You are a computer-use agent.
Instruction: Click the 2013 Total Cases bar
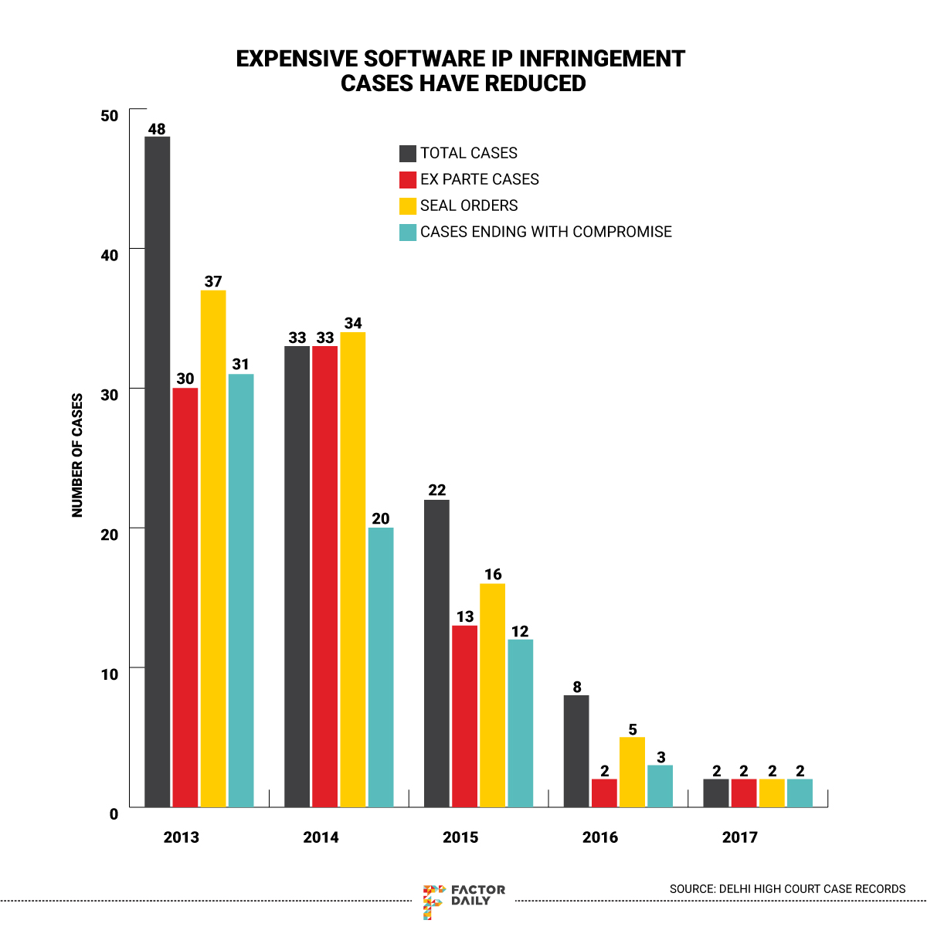click(x=158, y=471)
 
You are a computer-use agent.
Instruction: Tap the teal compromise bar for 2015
click(x=520, y=723)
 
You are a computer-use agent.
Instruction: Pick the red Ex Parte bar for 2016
click(x=604, y=793)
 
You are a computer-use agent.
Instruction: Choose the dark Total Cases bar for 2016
click(x=576, y=751)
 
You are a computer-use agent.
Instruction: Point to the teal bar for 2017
click(x=800, y=793)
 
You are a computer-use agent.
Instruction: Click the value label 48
click(x=157, y=129)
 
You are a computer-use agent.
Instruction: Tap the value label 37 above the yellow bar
click(x=213, y=282)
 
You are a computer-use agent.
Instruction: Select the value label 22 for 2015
click(x=436, y=491)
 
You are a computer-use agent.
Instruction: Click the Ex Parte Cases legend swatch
click(x=408, y=179)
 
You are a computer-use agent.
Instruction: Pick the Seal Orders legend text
click(x=469, y=205)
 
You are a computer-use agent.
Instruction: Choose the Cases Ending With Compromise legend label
click(x=545, y=232)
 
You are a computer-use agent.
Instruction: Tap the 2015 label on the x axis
click(x=460, y=837)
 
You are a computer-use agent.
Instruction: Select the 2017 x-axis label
click(x=740, y=837)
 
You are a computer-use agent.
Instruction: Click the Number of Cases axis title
click(x=77, y=456)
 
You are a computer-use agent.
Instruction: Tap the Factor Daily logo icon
click(x=434, y=901)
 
